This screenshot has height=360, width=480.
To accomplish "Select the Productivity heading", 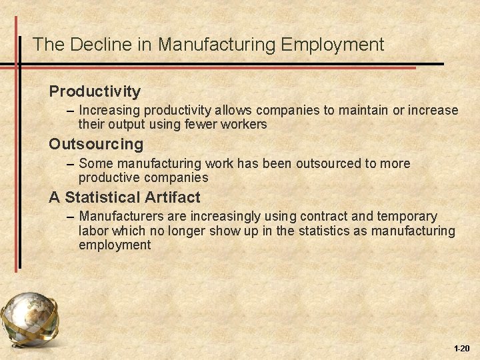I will coord(95,91).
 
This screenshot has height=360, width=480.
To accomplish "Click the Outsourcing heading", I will coord(96,144).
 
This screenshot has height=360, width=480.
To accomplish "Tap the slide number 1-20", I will coord(461,349).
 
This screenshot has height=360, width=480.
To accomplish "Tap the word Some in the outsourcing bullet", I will coord(92,163).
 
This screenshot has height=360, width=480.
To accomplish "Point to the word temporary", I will coord(408,217).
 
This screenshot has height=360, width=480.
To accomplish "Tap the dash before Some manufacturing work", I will coord(71,164).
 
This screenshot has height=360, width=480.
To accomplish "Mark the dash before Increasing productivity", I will coord(71,111).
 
